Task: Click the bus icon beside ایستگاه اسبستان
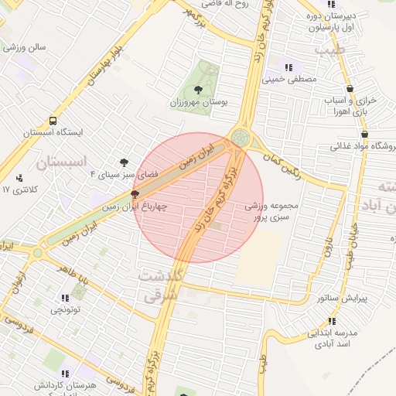click(x=53, y=121)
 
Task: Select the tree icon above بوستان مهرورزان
click(x=200, y=90)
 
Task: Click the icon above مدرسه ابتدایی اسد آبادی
click(x=333, y=321)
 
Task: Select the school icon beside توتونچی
click(x=63, y=298)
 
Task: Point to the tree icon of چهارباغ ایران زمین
click(x=135, y=195)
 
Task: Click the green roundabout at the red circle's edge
click(x=241, y=138)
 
